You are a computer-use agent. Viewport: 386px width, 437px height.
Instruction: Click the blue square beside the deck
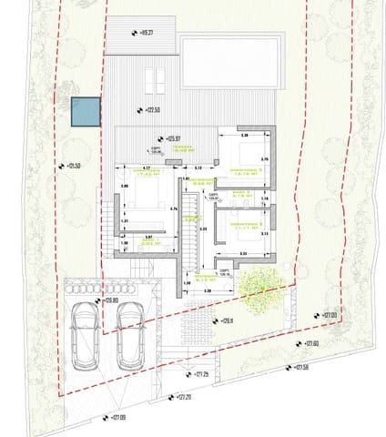tap(85, 111)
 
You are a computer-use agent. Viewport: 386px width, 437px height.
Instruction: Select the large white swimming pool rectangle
tap(231, 62)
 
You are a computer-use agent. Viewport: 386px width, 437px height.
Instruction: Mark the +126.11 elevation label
tap(225, 320)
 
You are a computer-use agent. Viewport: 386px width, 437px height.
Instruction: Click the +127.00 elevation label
tap(327, 315)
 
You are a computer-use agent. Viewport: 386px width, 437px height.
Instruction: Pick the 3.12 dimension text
tap(198, 168)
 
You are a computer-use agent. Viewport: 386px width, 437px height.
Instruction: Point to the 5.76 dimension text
tap(174, 208)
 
